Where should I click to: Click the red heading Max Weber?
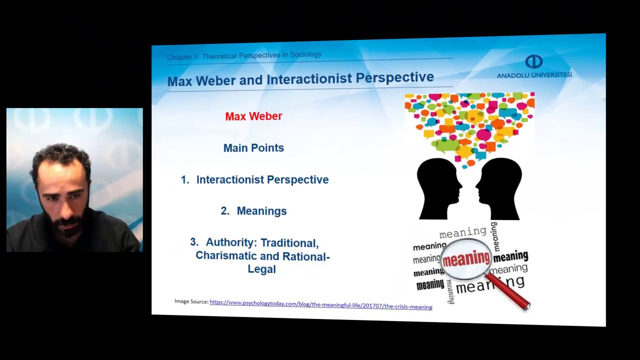click(253, 116)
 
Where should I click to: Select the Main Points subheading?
click(253, 148)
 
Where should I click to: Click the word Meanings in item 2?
click(261, 211)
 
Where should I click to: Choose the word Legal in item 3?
click(261, 269)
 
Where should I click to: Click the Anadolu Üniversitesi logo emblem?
click(533, 61)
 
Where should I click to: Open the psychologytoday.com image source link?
click(320, 304)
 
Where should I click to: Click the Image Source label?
click(191, 301)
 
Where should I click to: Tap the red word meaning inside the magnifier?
click(466, 258)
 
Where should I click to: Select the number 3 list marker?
click(194, 242)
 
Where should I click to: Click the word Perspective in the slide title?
click(394, 78)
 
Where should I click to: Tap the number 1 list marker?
click(184, 180)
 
